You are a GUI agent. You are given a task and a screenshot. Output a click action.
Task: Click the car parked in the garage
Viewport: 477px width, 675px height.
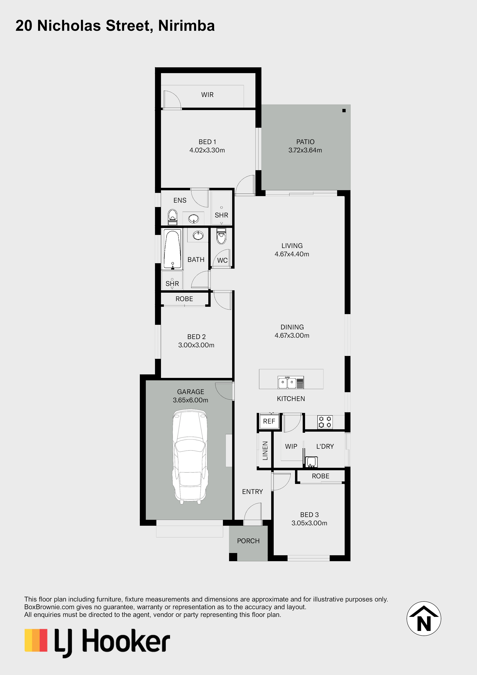click(x=190, y=457)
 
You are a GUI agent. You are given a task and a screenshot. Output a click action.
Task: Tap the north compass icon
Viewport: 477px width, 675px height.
click(x=424, y=619)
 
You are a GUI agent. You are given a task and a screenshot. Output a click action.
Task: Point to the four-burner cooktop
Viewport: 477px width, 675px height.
click(x=325, y=422)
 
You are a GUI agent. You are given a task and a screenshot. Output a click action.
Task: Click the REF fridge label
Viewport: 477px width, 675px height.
click(x=269, y=421)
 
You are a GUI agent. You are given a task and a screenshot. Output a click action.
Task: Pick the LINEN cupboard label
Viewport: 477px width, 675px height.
click(x=265, y=451)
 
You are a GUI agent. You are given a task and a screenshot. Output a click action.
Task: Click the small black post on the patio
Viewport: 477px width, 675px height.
click(x=344, y=110)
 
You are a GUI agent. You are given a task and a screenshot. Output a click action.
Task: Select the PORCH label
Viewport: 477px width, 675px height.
click(x=248, y=541)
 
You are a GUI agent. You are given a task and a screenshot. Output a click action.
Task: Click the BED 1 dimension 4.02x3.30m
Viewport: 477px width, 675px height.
click(x=207, y=150)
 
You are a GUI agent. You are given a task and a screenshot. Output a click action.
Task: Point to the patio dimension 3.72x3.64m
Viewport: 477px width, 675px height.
click(x=305, y=150)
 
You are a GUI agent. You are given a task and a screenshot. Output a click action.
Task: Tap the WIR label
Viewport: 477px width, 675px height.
click(x=208, y=95)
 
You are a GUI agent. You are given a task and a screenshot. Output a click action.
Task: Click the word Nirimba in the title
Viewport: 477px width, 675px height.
click(x=187, y=26)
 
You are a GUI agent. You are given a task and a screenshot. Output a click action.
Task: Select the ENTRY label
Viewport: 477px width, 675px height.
click(x=253, y=492)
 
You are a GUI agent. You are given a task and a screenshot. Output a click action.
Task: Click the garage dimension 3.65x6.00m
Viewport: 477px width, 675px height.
click(x=190, y=400)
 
